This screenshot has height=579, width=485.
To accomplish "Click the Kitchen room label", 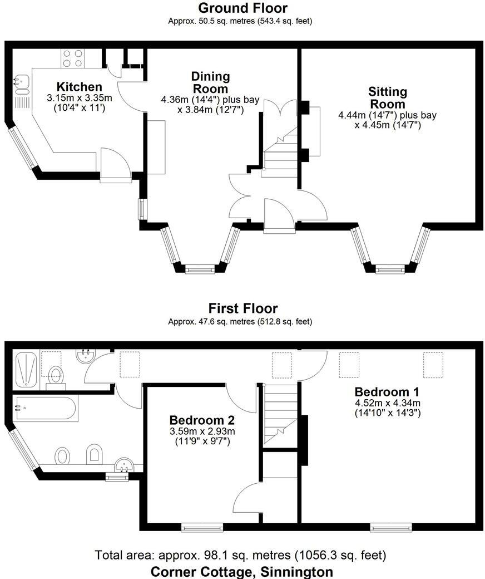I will coord(80,87).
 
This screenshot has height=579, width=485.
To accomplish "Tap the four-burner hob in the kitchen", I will coord(73,58).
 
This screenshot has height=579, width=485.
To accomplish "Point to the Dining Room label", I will coord(210,82).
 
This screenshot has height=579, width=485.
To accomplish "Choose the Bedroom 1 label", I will coord(387,391).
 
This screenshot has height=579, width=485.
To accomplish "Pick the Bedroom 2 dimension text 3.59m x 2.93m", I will coord(202,431).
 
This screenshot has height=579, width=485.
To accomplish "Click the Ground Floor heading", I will coord(242,8).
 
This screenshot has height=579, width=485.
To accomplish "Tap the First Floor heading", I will coord(242,308).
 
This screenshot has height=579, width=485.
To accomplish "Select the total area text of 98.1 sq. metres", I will coord(240,555).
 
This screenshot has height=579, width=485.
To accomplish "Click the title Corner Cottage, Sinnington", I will coord(242,571).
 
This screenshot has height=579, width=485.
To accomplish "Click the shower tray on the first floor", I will coord(26,369).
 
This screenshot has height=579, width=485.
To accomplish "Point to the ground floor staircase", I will coord(280,153).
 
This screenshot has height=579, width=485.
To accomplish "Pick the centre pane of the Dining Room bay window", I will coord(199,270).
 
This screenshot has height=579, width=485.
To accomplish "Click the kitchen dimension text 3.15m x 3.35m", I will coord(80,98).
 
